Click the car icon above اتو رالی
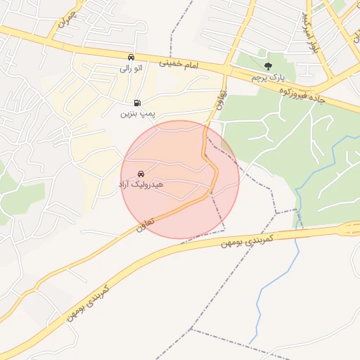[x=131, y=57]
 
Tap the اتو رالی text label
[x=130, y=68]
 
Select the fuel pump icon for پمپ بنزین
[x=136, y=103]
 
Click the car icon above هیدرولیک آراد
[x=141, y=173]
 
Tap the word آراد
[x=127, y=184]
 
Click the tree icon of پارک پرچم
[x=267, y=66]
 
